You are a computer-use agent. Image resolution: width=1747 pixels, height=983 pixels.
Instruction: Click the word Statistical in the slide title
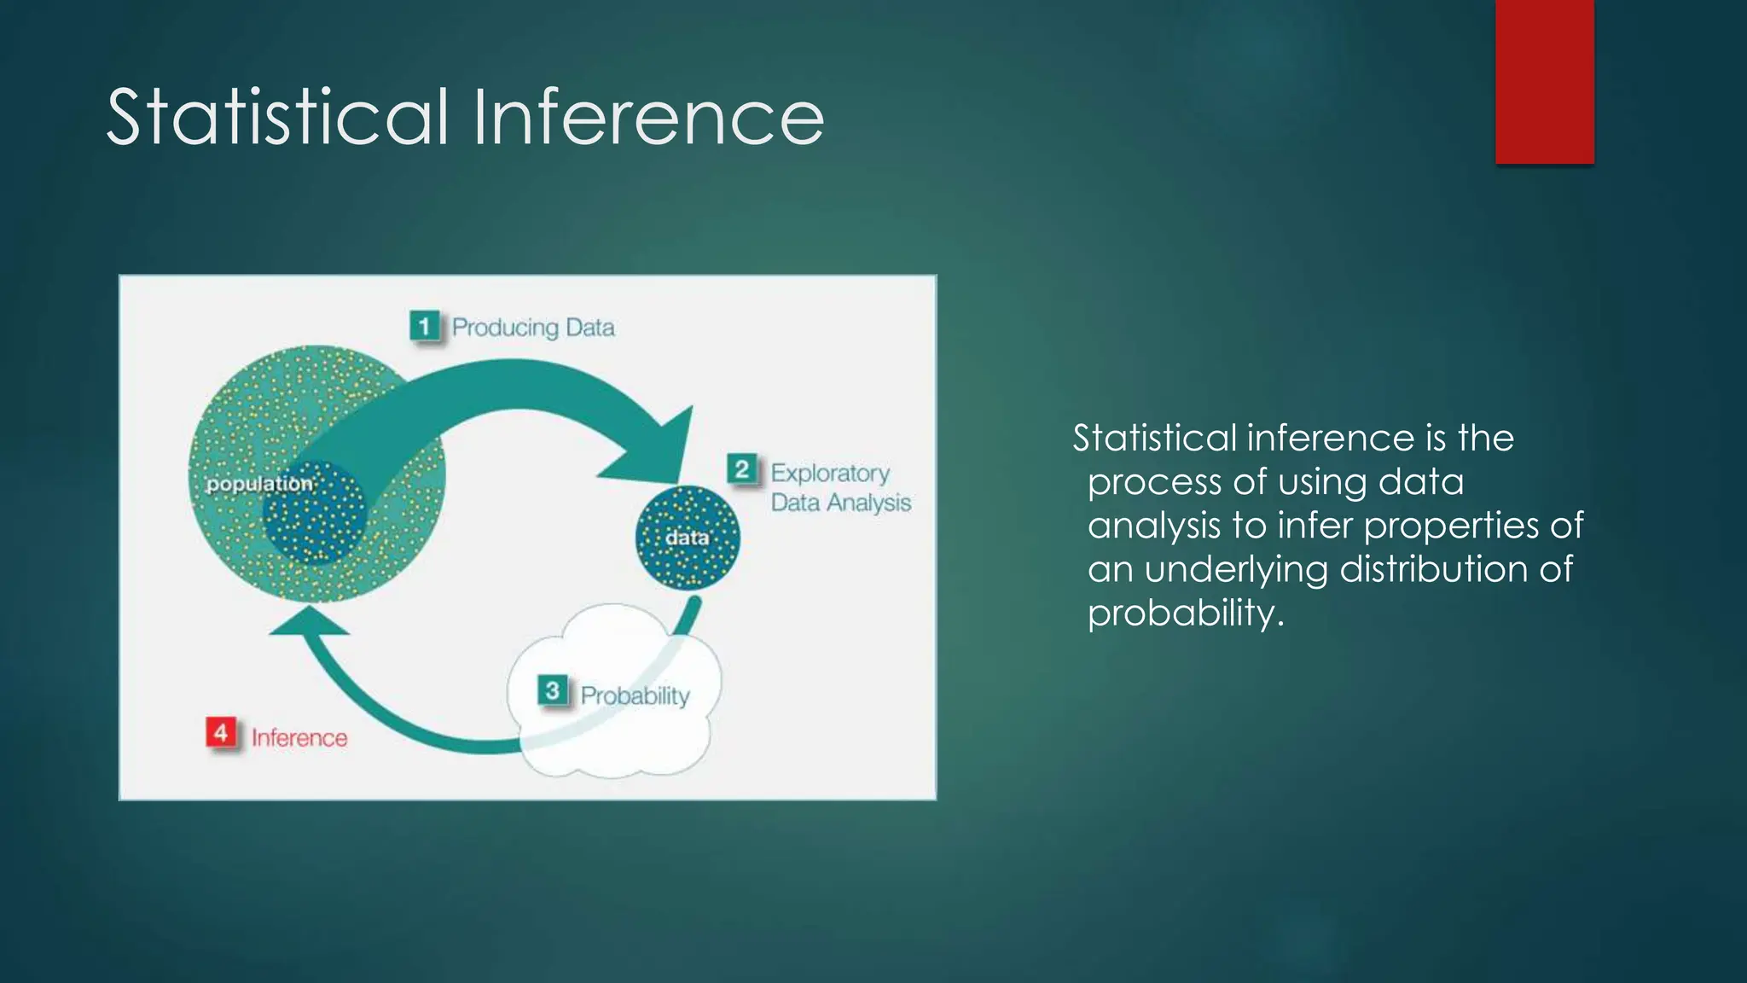click(x=277, y=117)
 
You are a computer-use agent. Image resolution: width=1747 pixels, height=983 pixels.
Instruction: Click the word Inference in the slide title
click(x=648, y=117)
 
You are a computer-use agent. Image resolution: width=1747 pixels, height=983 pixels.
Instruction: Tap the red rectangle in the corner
click(x=1544, y=81)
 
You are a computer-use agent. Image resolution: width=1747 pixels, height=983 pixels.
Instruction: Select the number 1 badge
click(x=424, y=326)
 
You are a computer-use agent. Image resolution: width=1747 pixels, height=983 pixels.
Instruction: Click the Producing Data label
click(x=533, y=328)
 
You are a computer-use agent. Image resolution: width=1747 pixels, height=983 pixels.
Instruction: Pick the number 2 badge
click(x=741, y=469)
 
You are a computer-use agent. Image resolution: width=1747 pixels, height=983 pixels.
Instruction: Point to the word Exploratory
click(x=830, y=473)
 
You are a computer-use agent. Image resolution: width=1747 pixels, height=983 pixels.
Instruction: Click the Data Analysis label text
click(x=841, y=503)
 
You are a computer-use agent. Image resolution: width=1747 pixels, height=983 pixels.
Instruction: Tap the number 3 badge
click(x=552, y=690)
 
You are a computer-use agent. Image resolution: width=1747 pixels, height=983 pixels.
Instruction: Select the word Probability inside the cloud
click(x=635, y=695)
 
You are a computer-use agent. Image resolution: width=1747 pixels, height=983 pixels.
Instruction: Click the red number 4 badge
click(x=221, y=733)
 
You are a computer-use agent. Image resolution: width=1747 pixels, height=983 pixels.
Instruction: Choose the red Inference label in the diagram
click(x=299, y=738)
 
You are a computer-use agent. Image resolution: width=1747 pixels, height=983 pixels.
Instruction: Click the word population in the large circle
click(x=259, y=484)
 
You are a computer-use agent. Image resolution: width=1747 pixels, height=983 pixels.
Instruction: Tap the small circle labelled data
click(x=688, y=538)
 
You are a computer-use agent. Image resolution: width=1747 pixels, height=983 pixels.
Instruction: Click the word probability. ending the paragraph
click(x=1186, y=613)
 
